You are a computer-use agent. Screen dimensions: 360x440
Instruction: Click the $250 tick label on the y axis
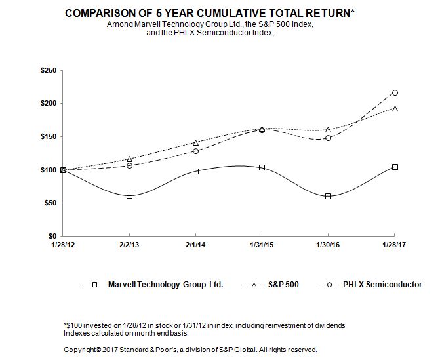point(49,70)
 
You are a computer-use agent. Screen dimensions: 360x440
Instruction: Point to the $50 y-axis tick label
point(50,203)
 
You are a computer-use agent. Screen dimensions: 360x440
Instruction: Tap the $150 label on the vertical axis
point(49,136)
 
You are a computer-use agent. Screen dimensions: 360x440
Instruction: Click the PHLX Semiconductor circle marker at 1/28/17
point(394,93)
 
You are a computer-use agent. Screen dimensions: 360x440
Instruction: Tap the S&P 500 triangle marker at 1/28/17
point(394,108)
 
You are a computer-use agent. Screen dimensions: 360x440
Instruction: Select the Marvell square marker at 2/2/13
point(129,195)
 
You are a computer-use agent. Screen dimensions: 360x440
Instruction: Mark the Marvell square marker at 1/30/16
point(328,196)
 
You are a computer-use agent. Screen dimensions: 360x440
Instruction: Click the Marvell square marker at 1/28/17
point(394,167)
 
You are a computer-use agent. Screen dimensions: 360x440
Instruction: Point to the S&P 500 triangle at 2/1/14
point(195,142)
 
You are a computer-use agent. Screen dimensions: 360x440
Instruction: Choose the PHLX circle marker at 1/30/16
point(328,138)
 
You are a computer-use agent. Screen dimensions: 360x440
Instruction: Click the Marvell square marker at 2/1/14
point(195,171)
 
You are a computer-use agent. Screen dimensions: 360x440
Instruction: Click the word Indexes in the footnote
point(77,334)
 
